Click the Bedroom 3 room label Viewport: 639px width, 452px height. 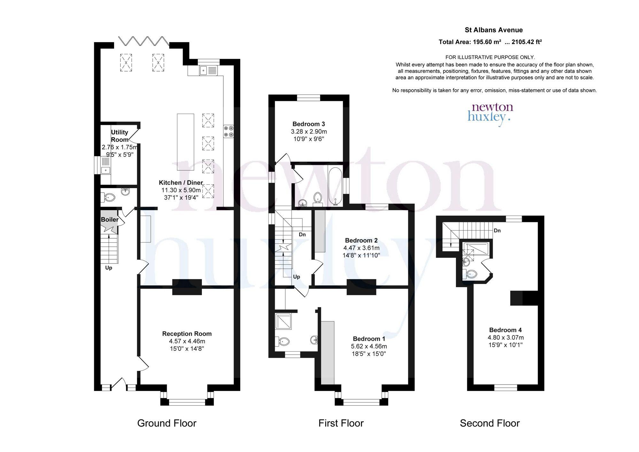(x=309, y=124)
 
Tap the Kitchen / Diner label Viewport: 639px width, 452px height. (x=181, y=183)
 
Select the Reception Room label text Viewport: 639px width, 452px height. (x=187, y=334)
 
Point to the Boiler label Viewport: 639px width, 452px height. (x=110, y=219)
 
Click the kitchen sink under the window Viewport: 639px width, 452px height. (x=208, y=70)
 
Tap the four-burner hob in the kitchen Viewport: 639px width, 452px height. (x=229, y=131)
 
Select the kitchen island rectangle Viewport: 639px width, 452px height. (x=186, y=142)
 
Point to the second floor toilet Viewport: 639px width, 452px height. (x=470, y=274)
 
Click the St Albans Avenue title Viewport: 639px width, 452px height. (x=494, y=30)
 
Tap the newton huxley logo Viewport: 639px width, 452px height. (x=490, y=114)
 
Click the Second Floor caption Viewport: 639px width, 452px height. (x=490, y=423)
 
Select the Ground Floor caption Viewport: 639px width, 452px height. (x=167, y=423)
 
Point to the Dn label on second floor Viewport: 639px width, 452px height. (x=497, y=231)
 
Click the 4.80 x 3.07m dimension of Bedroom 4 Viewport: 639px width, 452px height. (x=506, y=338)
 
